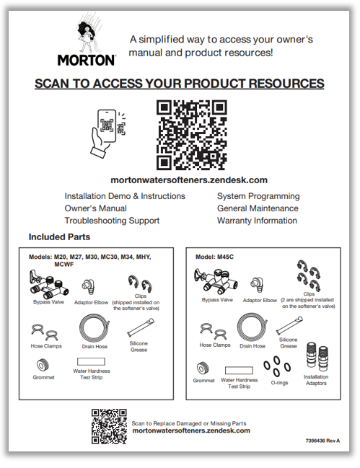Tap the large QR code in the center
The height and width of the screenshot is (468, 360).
(x=191, y=134)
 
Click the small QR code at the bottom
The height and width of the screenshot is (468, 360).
(x=108, y=425)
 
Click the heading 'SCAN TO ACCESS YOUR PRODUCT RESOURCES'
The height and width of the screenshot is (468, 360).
(x=180, y=84)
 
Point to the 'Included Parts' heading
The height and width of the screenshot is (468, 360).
(x=60, y=237)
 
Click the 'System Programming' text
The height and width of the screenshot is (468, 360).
(x=258, y=196)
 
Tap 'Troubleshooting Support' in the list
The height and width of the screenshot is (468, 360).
(x=112, y=221)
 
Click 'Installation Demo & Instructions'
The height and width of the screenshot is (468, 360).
(x=125, y=196)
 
